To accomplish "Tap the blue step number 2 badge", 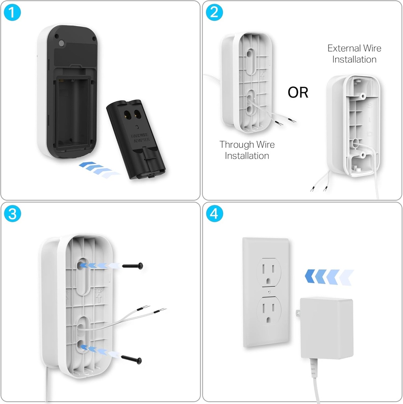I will pos(214,13).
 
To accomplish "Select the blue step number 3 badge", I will pos(12,214).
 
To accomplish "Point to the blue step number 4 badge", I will pos(214,214).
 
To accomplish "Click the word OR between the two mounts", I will pos(298,93).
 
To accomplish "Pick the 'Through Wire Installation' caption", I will pos(247,150).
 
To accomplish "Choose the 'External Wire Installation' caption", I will pos(354,54).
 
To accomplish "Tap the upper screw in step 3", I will pos(132,266).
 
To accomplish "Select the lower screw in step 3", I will pos(132,359).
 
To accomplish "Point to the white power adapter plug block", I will pos(327,328).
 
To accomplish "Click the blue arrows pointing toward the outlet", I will pos(330,277).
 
